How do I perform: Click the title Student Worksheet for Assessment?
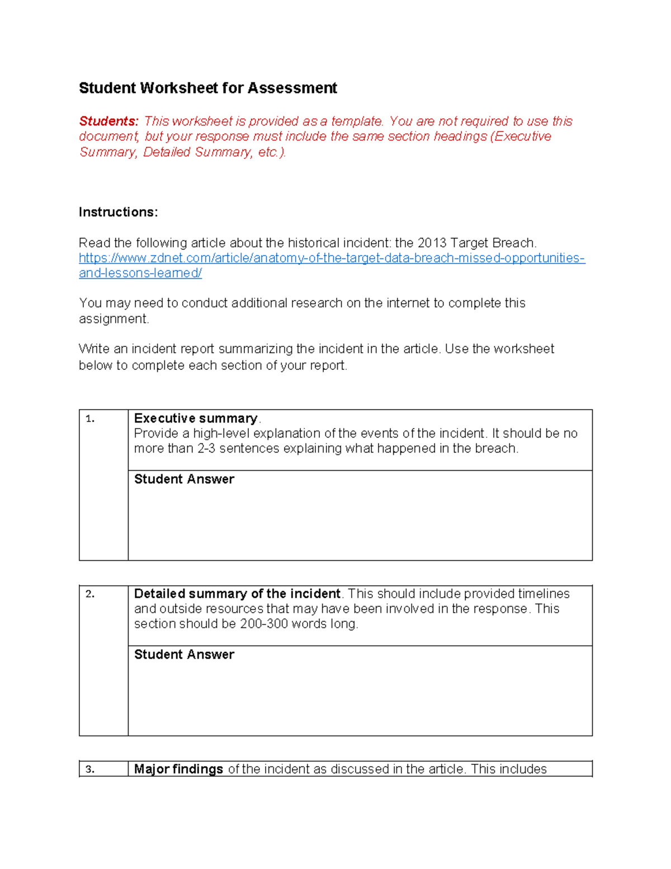click(x=207, y=88)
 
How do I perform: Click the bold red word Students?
click(x=108, y=121)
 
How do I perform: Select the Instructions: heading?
click(x=118, y=212)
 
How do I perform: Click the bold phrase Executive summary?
click(x=196, y=419)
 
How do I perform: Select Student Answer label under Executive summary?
click(x=184, y=480)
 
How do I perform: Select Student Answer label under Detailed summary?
click(x=184, y=655)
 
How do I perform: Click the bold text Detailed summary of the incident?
click(x=237, y=594)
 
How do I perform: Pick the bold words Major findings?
click(x=178, y=769)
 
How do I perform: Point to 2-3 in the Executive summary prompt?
click(x=206, y=449)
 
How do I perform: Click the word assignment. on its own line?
click(x=114, y=319)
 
